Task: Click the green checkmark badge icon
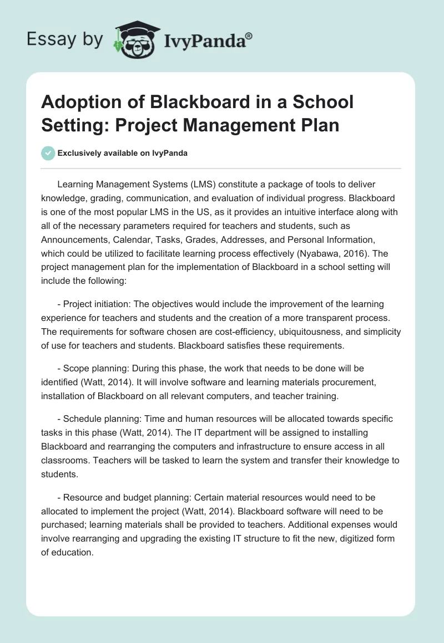48,153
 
